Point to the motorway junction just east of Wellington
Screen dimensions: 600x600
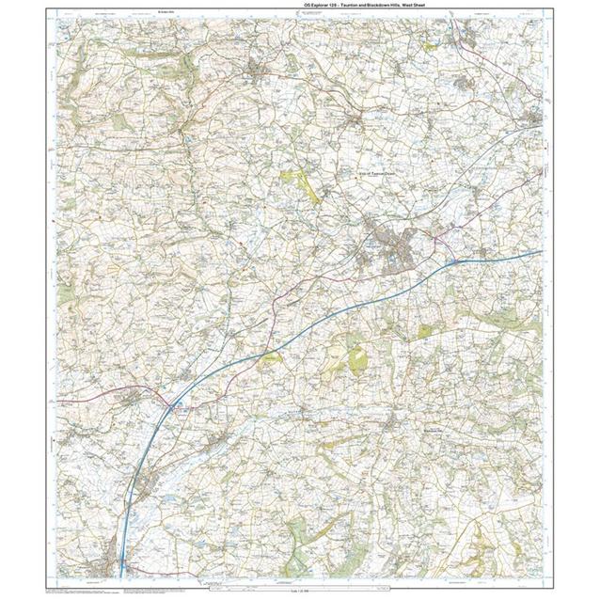[x=450, y=259]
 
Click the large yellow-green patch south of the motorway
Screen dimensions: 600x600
[x=357, y=358]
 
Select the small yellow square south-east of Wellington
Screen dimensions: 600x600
[x=424, y=331]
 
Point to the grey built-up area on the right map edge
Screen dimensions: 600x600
[x=534, y=119]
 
